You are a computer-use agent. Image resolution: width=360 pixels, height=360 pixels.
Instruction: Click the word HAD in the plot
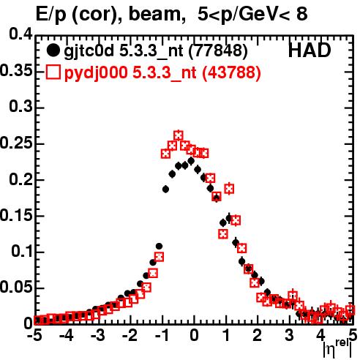(x=310, y=50)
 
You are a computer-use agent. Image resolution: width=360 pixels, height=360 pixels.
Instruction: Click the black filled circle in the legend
(x=53, y=50)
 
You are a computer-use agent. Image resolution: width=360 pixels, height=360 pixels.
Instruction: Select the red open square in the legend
(x=53, y=72)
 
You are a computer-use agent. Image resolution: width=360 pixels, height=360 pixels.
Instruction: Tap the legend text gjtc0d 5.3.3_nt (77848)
(x=156, y=51)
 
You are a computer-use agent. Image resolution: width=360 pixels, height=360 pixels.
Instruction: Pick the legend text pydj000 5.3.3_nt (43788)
(x=162, y=72)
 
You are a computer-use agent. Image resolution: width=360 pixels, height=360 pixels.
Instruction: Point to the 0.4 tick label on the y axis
(x=21, y=34)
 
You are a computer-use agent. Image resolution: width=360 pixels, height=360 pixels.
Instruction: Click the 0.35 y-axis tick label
(x=16, y=70)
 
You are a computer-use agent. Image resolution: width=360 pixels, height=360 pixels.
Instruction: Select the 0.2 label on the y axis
(x=21, y=179)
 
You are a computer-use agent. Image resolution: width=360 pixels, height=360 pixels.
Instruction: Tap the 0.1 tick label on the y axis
(x=22, y=252)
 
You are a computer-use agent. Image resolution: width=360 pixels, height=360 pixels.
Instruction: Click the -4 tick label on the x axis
(x=67, y=336)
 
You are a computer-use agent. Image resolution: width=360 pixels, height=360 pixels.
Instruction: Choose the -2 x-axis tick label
(x=130, y=336)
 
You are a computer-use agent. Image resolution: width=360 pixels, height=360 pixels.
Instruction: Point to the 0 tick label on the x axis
(x=194, y=336)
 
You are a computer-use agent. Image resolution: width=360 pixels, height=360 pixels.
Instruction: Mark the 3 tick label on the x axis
(x=289, y=336)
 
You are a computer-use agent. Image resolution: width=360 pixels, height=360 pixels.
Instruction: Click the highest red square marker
(x=179, y=135)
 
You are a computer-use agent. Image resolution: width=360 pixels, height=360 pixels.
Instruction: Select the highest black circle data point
(x=191, y=161)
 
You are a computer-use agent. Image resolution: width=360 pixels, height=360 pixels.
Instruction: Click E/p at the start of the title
(x=51, y=15)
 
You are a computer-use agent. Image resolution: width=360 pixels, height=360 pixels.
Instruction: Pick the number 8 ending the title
(x=302, y=14)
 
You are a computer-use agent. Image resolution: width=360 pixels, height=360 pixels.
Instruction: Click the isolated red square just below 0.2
(x=229, y=189)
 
